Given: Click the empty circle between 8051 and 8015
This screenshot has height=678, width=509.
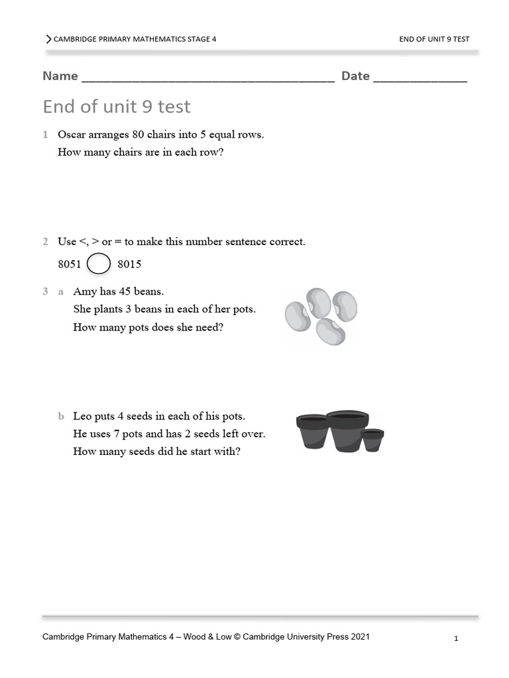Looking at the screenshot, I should [x=99, y=264].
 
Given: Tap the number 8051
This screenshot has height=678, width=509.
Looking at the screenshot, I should [x=70, y=264].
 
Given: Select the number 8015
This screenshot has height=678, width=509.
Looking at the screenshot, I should [x=129, y=264].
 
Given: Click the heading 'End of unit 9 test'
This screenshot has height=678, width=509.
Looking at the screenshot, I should [x=117, y=107].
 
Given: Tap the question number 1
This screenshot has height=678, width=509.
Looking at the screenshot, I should [x=45, y=134].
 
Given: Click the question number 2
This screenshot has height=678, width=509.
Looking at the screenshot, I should [x=45, y=242].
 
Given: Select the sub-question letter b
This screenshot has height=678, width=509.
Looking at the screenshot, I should [x=61, y=416].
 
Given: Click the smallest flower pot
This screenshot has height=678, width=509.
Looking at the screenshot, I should [x=372, y=440].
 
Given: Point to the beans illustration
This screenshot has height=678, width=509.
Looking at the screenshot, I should [x=321, y=316].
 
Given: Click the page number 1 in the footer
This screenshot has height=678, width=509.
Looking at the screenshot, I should [x=457, y=639].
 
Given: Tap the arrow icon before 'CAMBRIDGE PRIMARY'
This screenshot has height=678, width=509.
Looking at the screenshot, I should [x=48, y=39].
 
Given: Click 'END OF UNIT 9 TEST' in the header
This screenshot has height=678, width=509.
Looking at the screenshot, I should [x=434, y=39].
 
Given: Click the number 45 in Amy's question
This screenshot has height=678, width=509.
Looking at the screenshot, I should [x=129, y=291].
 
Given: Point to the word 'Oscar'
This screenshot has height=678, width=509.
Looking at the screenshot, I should [x=72, y=134].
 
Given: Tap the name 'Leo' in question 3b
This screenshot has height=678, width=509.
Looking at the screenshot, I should [x=82, y=416].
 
